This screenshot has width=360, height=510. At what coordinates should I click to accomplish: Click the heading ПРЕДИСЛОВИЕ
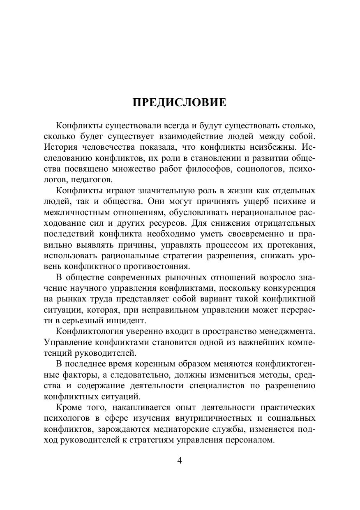pyautogui.click(x=180, y=102)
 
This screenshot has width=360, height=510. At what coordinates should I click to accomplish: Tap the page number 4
pyautogui.click(x=180, y=460)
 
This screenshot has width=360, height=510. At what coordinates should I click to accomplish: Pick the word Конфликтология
pyautogui.click(x=87, y=331)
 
